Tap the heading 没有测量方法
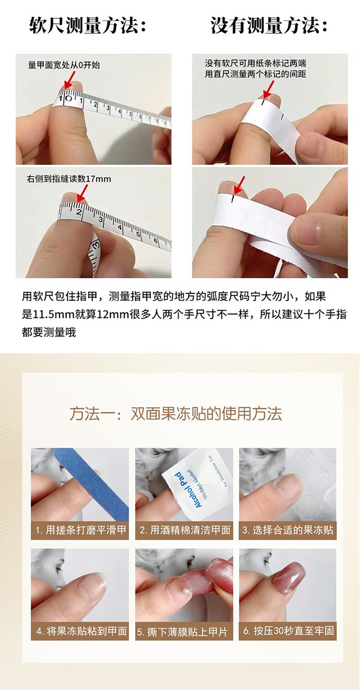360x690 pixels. click(x=268, y=26)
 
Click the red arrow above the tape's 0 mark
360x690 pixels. click(x=70, y=79)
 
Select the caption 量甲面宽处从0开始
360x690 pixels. click(x=64, y=65)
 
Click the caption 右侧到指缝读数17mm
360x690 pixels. click(x=69, y=179)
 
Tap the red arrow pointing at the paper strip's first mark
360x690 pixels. click(x=268, y=89)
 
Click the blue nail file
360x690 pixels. click(x=92, y=484)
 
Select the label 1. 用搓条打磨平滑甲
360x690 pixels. click(x=80, y=530)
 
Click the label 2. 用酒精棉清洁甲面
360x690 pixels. click(x=185, y=530)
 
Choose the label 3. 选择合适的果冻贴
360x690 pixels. click(x=288, y=530)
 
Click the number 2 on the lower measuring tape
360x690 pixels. click(x=80, y=212)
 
